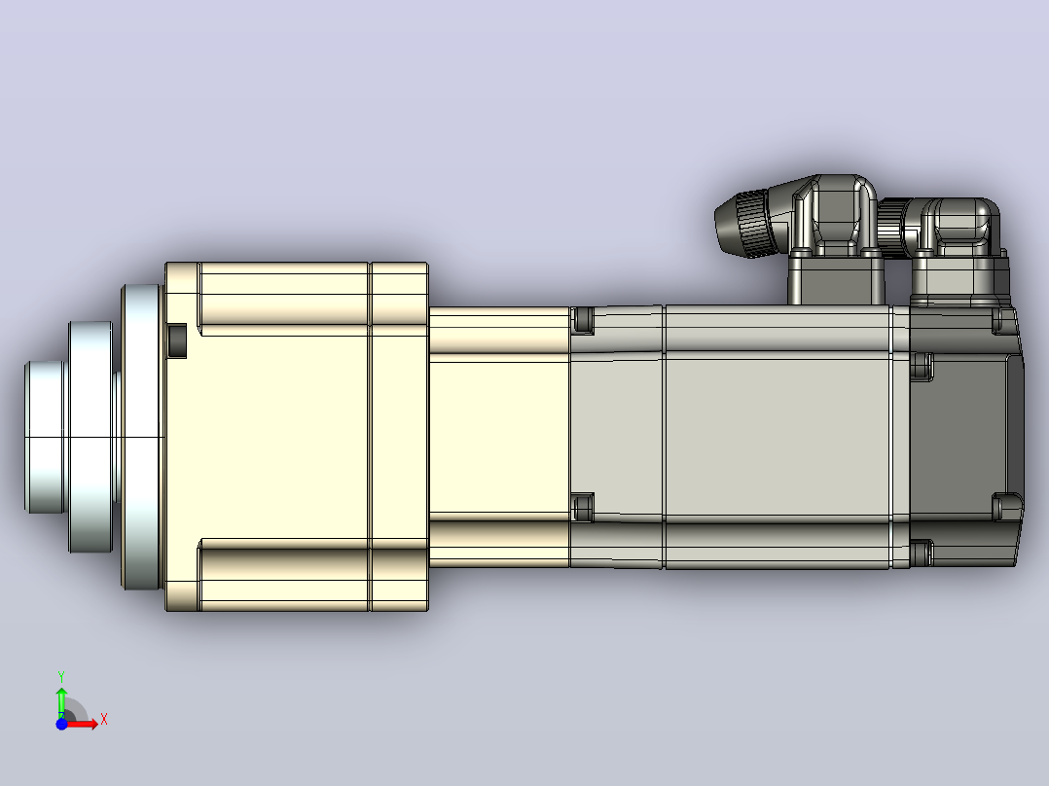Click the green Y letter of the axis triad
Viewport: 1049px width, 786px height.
click(x=61, y=676)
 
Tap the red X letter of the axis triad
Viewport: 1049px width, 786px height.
click(x=104, y=720)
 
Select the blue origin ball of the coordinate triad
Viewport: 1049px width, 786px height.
click(x=61, y=724)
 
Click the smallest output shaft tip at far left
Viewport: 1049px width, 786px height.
click(x=46, y=438)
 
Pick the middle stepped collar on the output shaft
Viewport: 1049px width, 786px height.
click(x=91, y=438)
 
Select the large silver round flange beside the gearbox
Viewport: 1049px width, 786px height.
click(x=142, y=438)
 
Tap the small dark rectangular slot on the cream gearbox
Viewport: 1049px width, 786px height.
click(x=177, y=340)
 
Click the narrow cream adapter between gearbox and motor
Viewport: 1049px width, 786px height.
click(x=499, y=437)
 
